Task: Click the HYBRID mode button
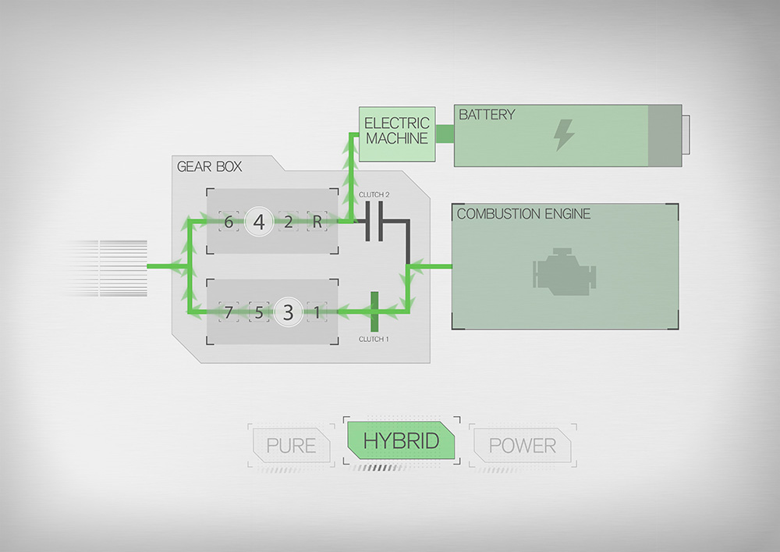pos(401,440)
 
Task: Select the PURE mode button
pos(292,445)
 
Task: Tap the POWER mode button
pos(523,445)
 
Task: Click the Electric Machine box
pos(397,134)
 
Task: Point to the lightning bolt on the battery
pos(564,134)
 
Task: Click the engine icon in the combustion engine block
pos(564,272)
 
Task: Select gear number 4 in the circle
pos(259,222)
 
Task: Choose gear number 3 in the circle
pos(288,312)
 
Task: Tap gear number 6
pos(229,222)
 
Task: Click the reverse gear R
pos(317,222)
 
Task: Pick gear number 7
pos(229,312)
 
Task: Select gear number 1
pos(317,312)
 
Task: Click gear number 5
pos(259,312)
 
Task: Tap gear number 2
pos(288,222)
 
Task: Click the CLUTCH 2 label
pos(374,194)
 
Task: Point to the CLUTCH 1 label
pos(374,339)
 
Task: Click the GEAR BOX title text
pos(209,166)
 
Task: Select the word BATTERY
pos(487,115)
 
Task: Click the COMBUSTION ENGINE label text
pos(523,214)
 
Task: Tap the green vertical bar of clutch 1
pos(374,312)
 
